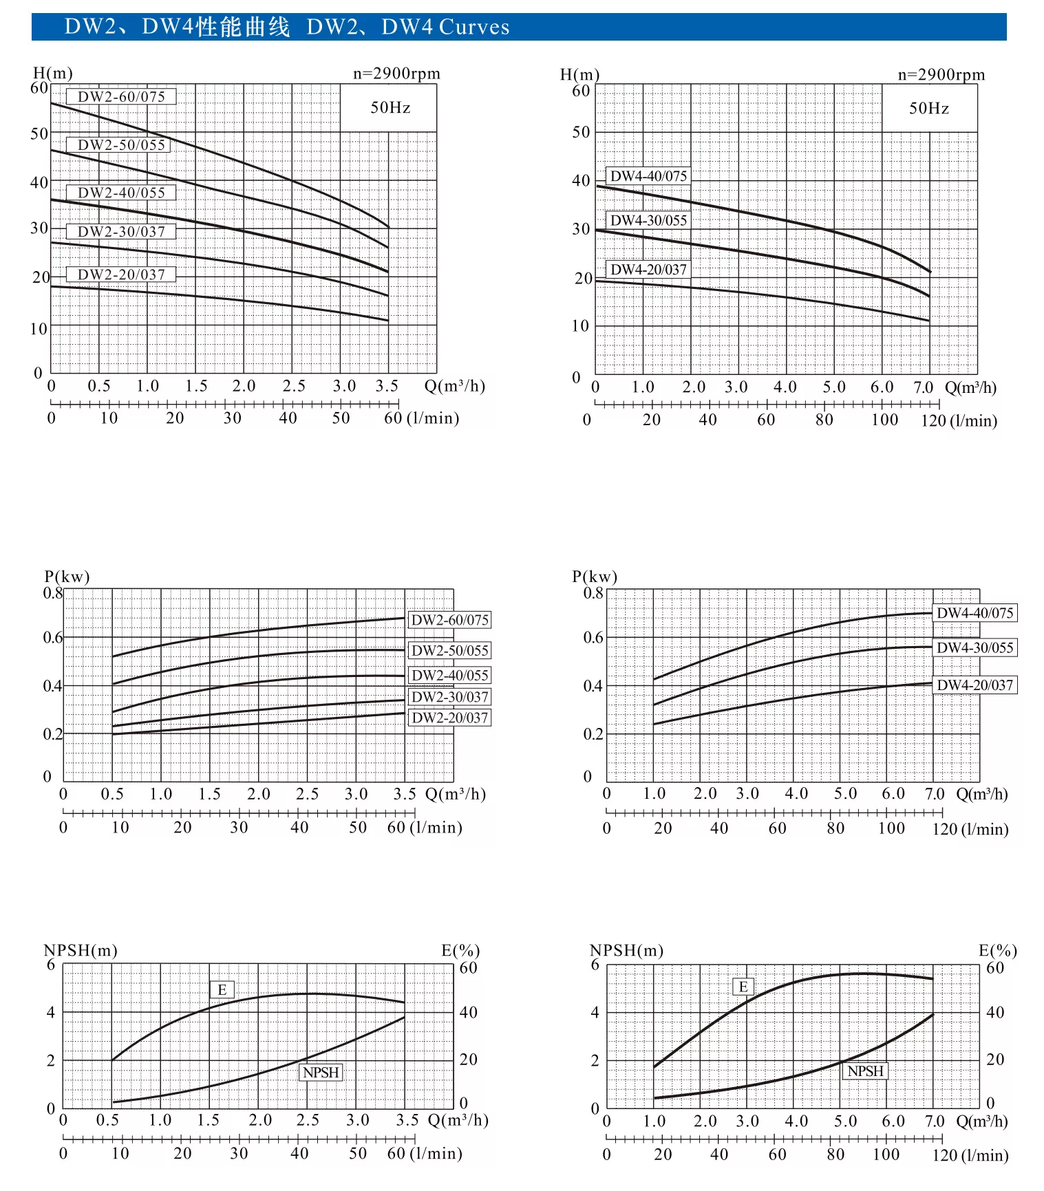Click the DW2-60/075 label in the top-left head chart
coord(121,97)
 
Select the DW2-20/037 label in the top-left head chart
coord(121,275)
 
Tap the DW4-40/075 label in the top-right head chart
coord(648,176)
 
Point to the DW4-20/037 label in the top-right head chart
coord(648,270)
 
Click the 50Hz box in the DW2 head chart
coord(390,107)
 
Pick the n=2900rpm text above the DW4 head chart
coord(941,74)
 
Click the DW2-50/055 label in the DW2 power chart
coord(449,651)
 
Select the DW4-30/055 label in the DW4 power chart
coord(974,647)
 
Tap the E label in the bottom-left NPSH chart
coord(222,990)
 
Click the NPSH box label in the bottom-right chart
coord(865,1071)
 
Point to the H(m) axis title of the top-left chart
coord(52,73)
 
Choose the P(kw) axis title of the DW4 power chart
coord(594,577)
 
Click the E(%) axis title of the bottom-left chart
coord(460,951)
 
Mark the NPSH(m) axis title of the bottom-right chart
coord(626,951)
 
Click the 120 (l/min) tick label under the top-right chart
coord(959,420)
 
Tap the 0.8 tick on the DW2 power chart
coord(53,593)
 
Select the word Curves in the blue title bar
coord(474,28)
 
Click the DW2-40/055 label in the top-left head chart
coord(121,193)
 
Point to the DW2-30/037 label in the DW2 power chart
coord(449,697)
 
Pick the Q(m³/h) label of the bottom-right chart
coord(982,1122)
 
